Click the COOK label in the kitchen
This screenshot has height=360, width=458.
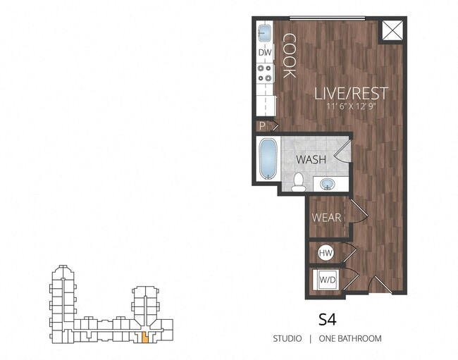tap(290, 56)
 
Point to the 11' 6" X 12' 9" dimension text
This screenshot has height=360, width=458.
tap(352, 107)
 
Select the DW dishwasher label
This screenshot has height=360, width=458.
tap(265, 53)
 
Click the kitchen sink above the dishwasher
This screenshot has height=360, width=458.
tap(265, 33)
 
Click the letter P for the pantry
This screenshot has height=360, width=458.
tap(261, 126)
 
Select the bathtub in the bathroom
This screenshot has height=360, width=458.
tap(267, 159)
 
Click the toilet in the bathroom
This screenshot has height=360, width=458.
tap(298, 182)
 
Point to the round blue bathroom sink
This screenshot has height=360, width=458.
tap(328, 185)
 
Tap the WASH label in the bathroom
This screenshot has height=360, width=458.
tap(311, 160)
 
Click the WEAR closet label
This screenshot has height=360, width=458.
tap(327, 218)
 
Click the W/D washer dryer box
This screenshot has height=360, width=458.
tap(326, 279)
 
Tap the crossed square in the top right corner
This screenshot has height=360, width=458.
tap(392, 32)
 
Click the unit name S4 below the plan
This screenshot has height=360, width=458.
tap(327, 318)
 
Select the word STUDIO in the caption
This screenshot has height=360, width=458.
tap(287, 339)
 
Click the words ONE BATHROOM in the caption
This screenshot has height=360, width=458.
tap(350, 339)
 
